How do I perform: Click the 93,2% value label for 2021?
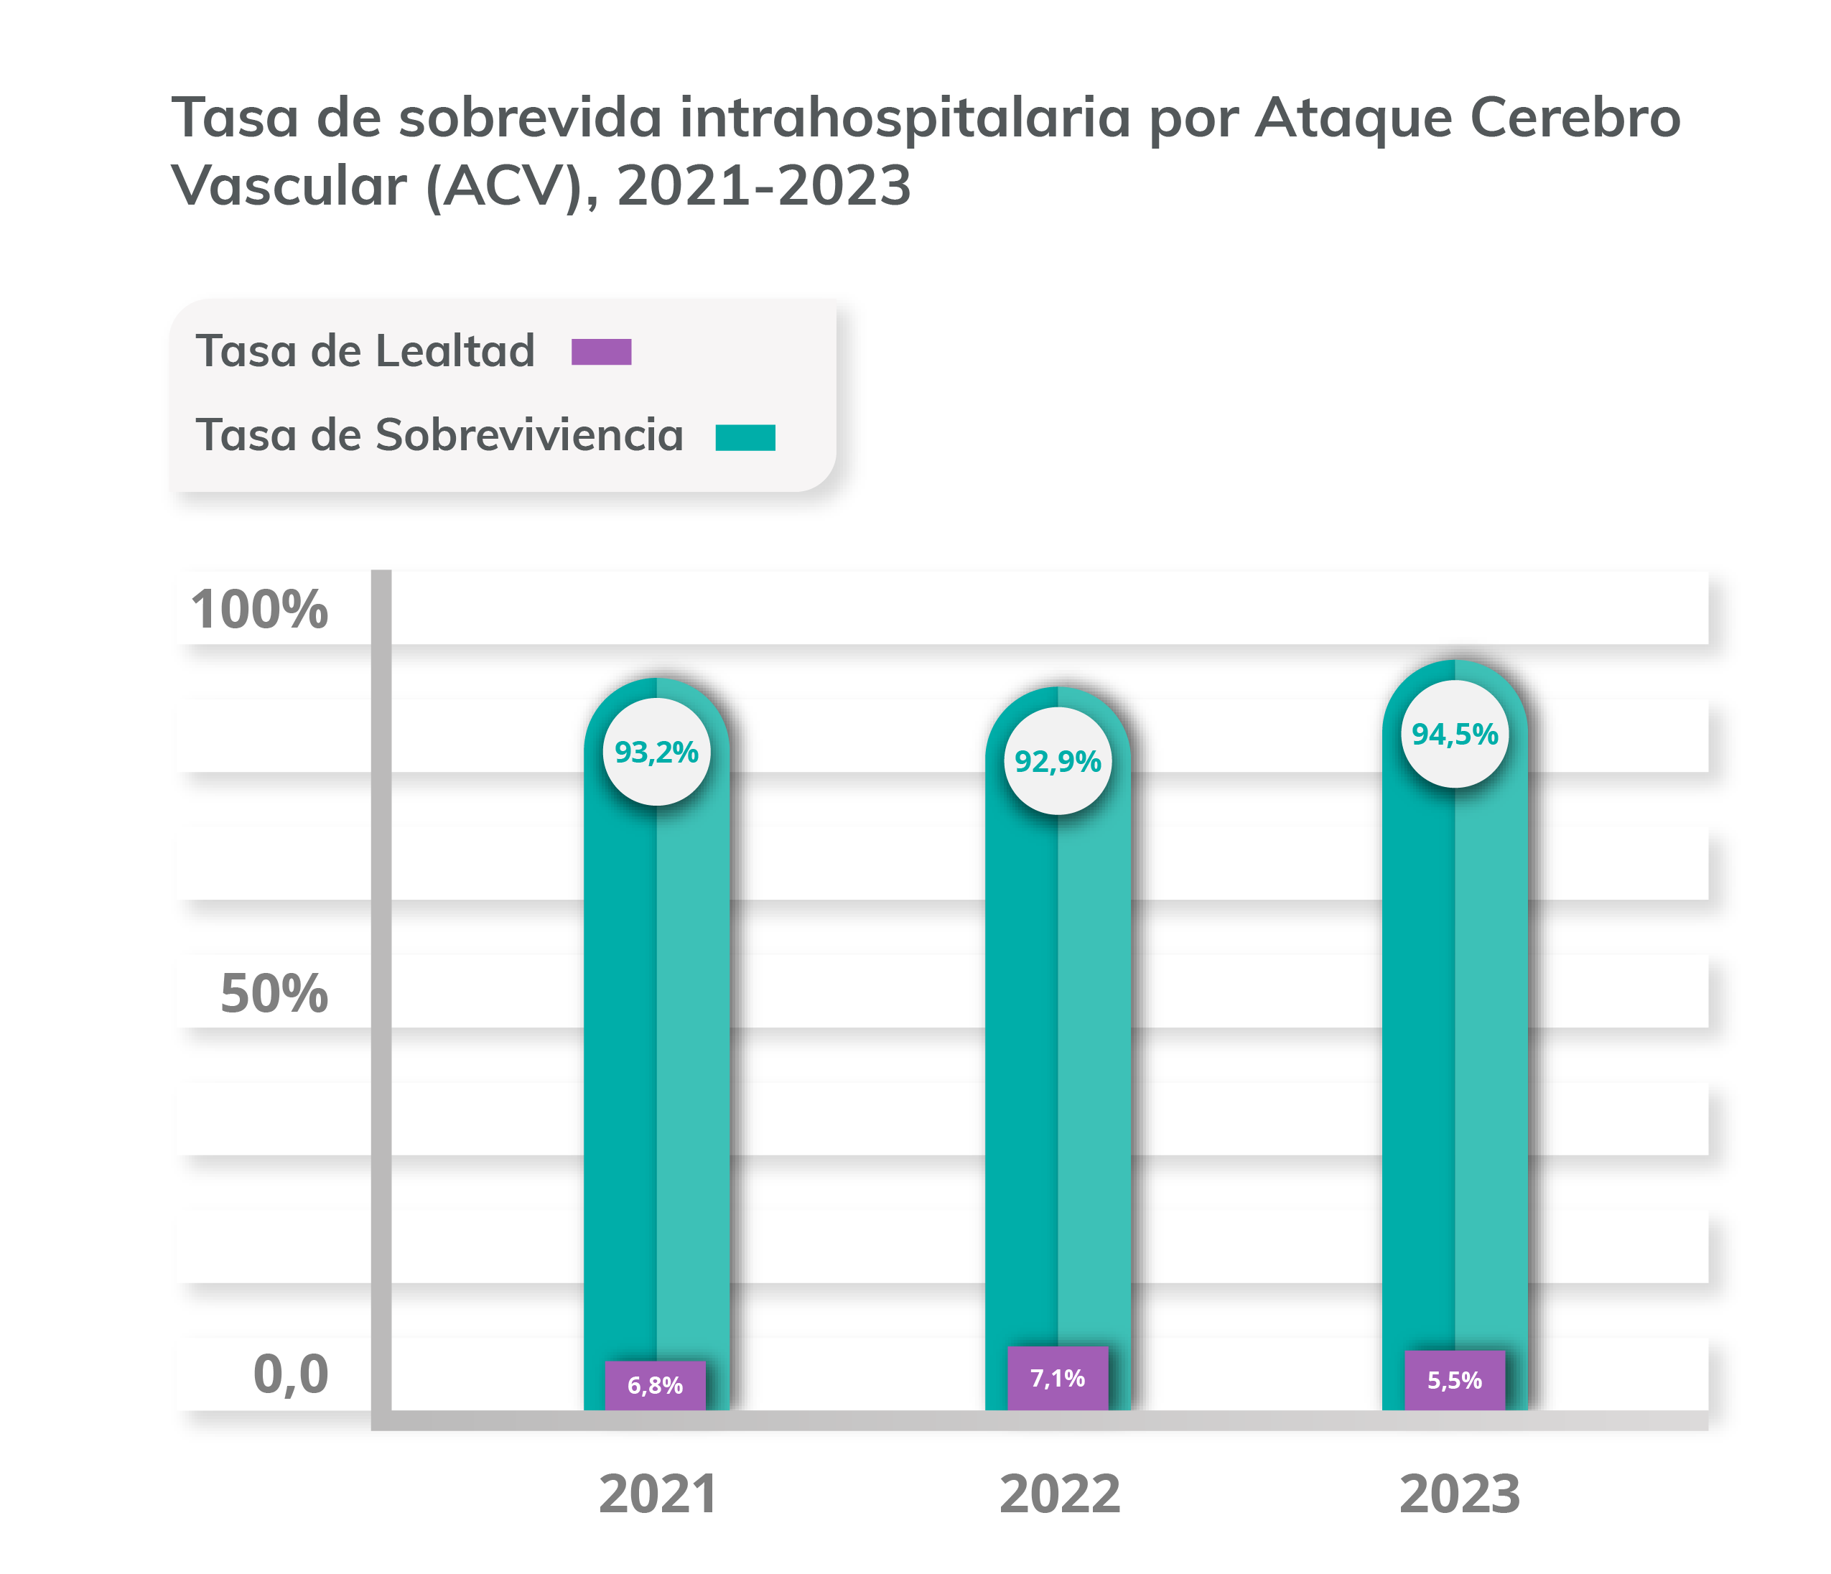click(x=656, y=752)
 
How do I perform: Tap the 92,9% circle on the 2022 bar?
click(x=1057, y=761)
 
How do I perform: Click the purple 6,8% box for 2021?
click(x=655, y=1385)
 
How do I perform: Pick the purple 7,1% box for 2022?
click(x=1057, y=1378)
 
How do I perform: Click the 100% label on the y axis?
click(x=259, y=610)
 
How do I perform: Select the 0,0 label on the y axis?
click(x=290, y=1374)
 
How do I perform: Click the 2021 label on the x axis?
click(x=658, y=1494)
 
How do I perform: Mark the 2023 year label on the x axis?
click(x=1459, y=1494)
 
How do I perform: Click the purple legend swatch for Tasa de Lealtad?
click(x=601, y=352)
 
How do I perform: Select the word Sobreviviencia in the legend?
click(x=529, y=435)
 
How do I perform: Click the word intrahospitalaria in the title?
click(x=905, y=118)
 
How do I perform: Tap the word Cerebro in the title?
click(x=1575, y=118)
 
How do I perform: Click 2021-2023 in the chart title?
click(x=763, y=187)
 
